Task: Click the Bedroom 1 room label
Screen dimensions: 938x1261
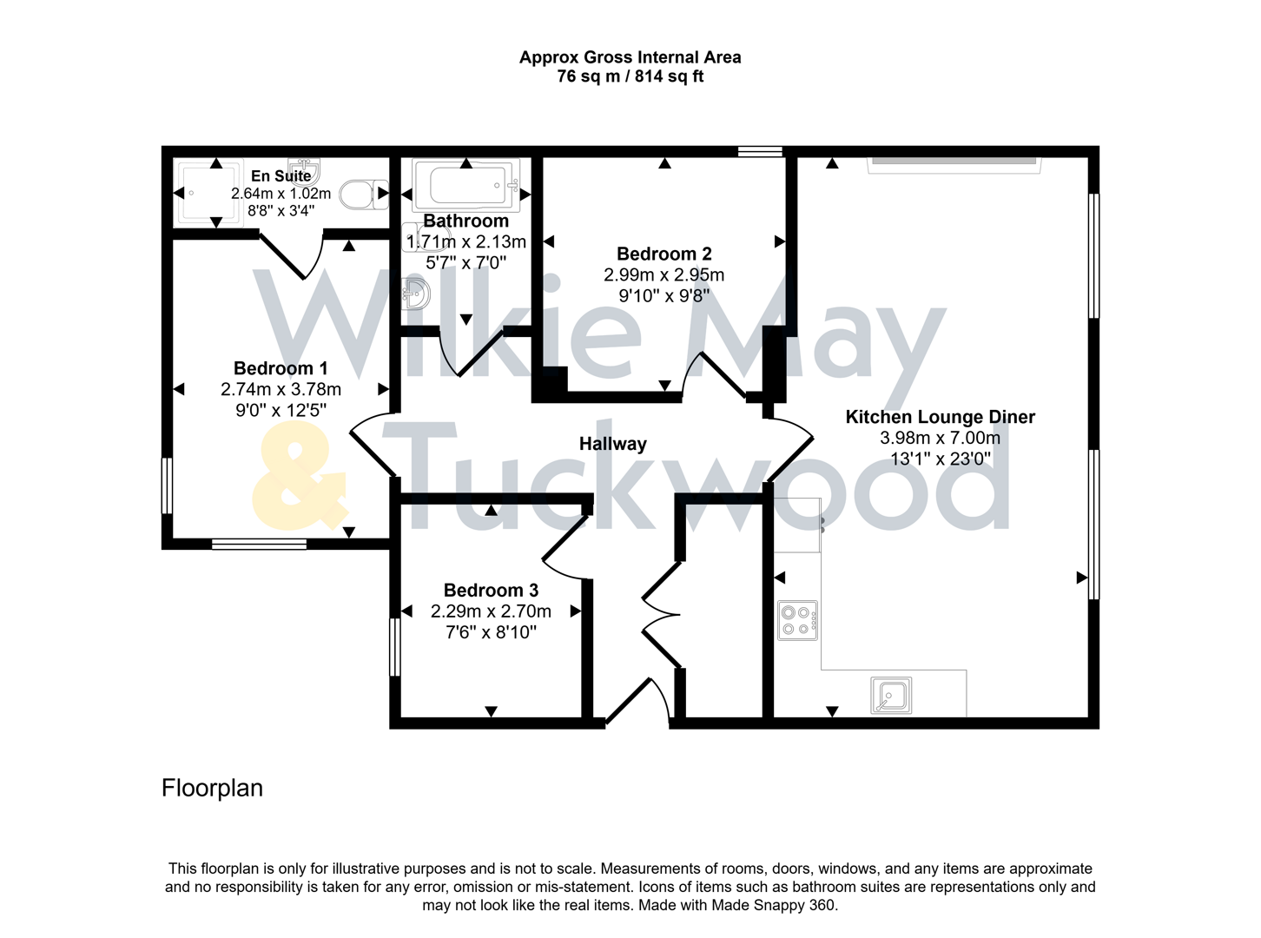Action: tap(281, 368)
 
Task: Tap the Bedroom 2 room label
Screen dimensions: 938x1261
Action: tap(664, 254)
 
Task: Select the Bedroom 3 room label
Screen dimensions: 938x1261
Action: tap(491, 591)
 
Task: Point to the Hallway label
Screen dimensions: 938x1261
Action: tap(612, 444)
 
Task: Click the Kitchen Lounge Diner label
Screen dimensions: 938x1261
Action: tap(940, 417)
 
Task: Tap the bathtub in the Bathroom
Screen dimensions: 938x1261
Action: tap(466, 186)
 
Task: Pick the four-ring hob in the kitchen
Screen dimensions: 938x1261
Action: tap(797, 620)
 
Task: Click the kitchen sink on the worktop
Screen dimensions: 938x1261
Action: tap(891, 696)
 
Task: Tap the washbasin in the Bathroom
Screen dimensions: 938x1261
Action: tap(416, 294)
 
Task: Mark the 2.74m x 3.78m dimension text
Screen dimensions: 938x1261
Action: tap(281, 390)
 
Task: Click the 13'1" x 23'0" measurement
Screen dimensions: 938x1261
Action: tap(940, 459)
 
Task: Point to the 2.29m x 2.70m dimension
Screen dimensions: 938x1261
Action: tap(491, 611)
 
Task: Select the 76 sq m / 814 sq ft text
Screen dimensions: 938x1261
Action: tap(630, 76)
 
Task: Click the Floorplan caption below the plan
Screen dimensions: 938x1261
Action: tap(212, 788)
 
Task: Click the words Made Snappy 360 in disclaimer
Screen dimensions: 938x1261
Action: tap(773, 905)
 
